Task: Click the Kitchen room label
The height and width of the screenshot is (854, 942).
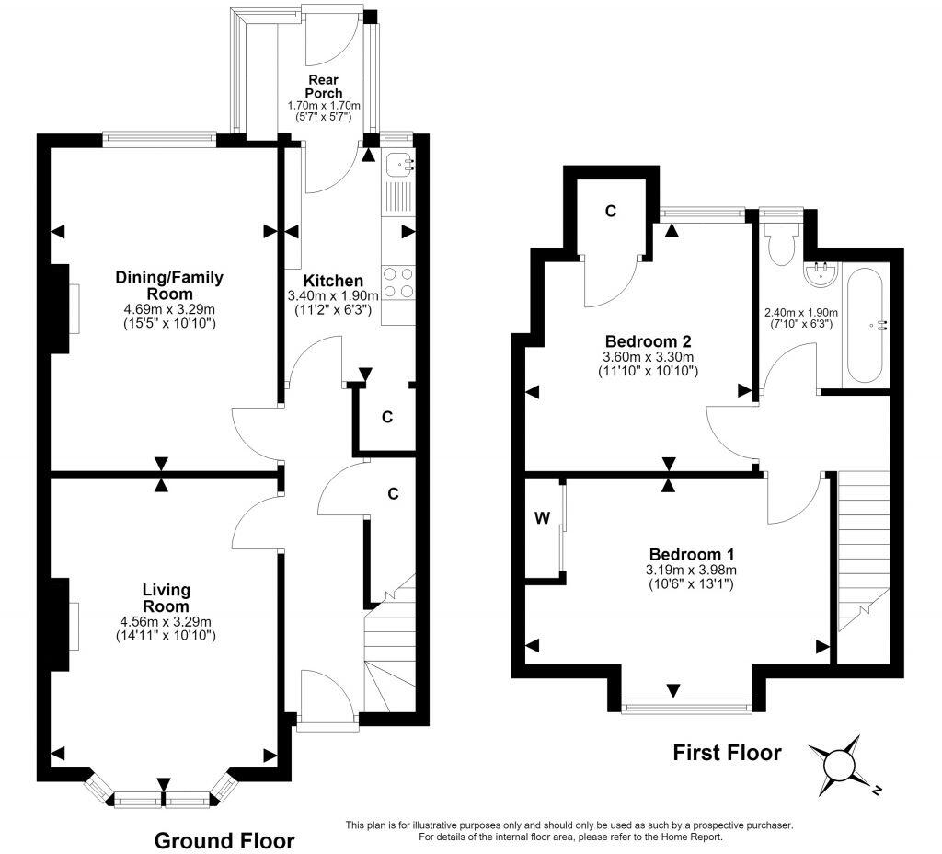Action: coord(333,281)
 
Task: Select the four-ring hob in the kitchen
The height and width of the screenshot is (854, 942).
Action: coord(398,283)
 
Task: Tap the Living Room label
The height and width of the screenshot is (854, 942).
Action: coord(166,598)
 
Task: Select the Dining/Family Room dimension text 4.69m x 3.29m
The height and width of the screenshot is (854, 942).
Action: coord(169,309)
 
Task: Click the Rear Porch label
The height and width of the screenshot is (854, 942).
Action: coord(323,87)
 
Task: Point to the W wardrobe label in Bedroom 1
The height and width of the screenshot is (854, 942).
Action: coord(542,519)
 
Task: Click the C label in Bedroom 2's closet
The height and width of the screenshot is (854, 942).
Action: coord(611,211)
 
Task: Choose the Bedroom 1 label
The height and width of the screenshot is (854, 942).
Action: coord(692,554)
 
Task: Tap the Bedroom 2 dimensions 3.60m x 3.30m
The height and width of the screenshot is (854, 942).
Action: coord(648,357)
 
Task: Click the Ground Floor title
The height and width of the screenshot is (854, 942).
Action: coord(224,840)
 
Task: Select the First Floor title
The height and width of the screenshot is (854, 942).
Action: coord(727,753)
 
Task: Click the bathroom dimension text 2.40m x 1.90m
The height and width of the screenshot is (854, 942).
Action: coord(801,313)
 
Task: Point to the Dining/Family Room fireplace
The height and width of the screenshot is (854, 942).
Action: coord(60,308)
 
